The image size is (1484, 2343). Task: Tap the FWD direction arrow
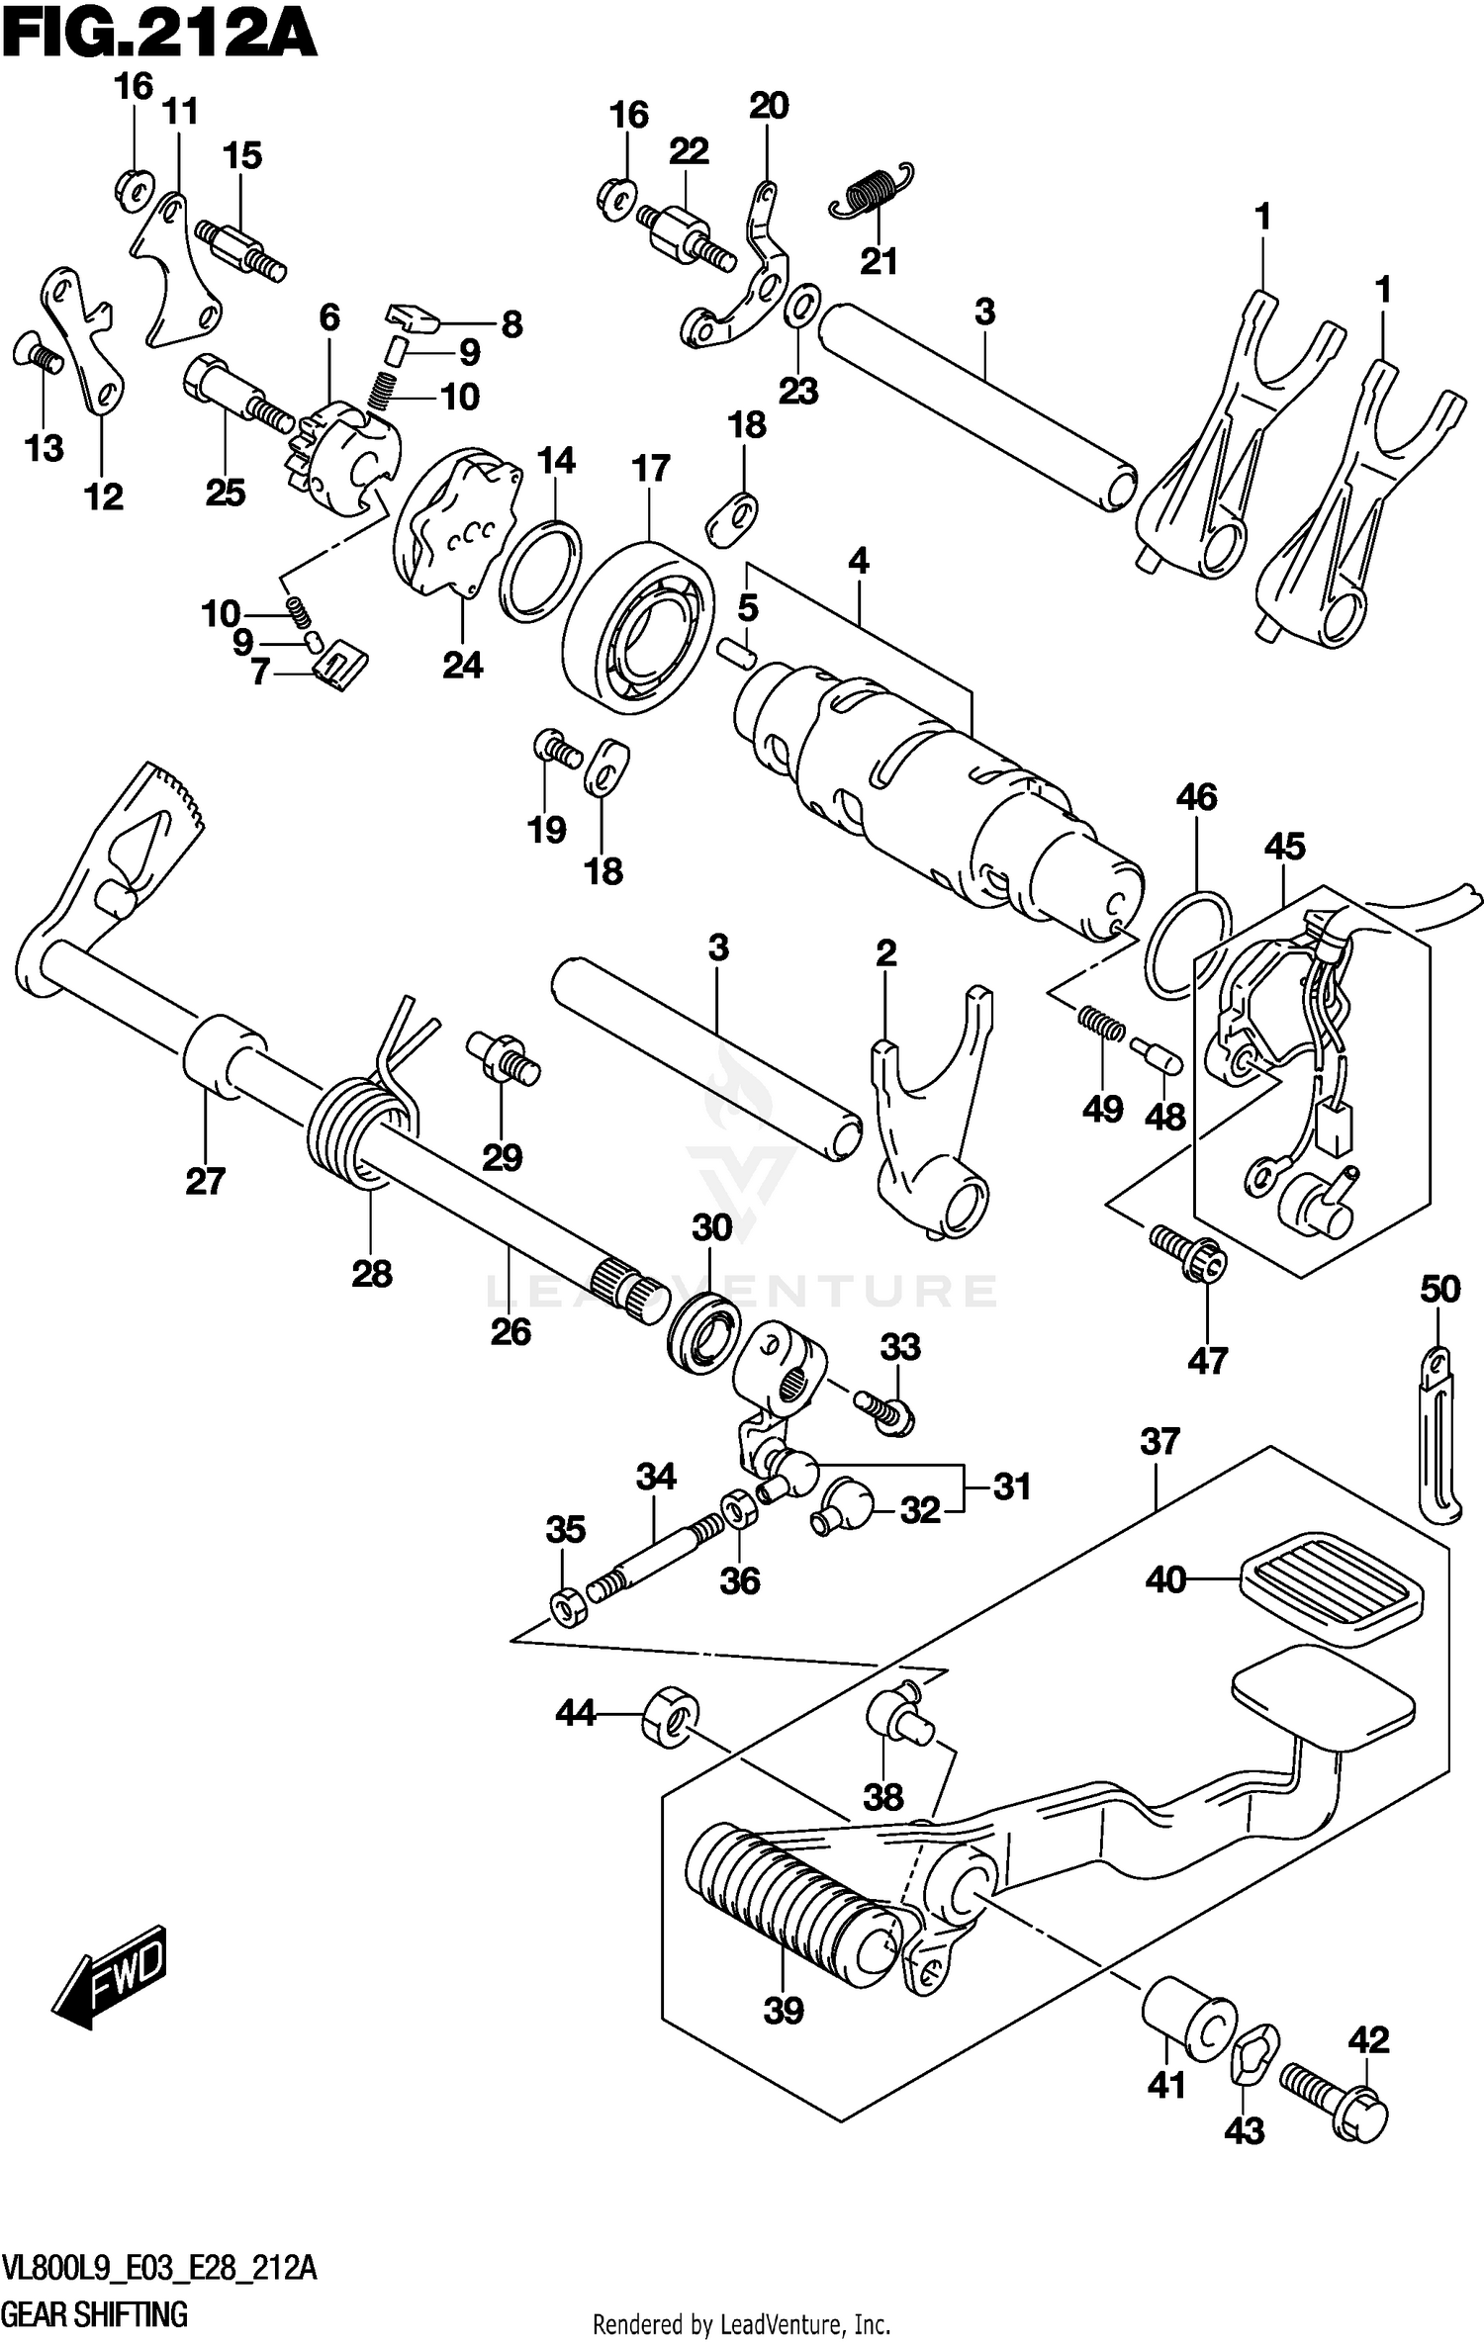111,1973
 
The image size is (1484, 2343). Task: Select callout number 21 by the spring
879,262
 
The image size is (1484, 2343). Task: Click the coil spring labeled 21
871,190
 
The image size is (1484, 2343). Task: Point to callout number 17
650,469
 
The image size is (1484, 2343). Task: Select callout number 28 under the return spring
372,1273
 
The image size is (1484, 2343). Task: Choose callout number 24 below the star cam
462,666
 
